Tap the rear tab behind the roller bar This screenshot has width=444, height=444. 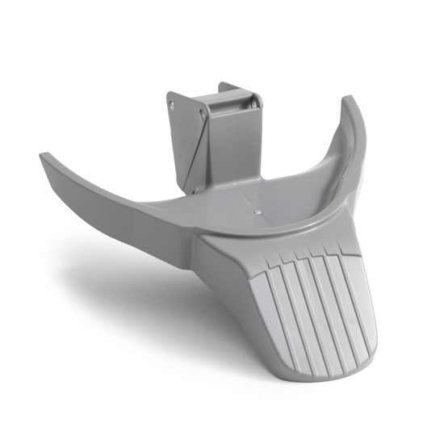pos(230,86)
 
